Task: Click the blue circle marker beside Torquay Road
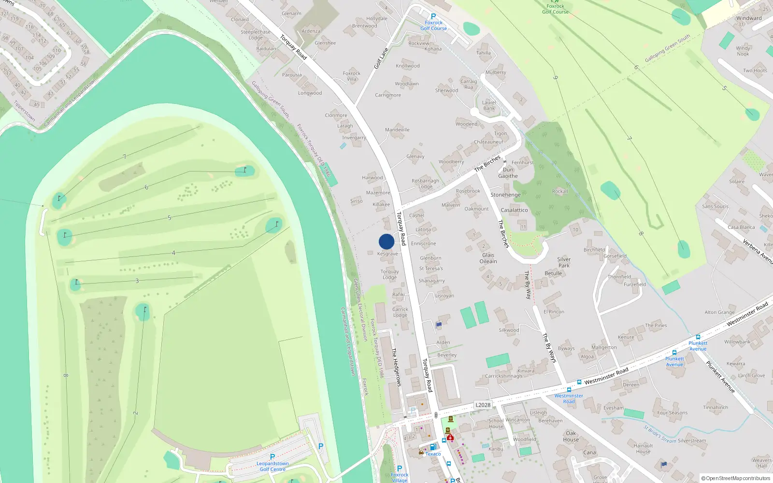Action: (386, 241)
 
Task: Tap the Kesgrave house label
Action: (387, 254)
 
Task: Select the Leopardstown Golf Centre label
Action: (272, 467)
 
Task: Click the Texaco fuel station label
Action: (433, 454)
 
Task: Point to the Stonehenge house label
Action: (505, 195)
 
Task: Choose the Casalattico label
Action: (514, 210)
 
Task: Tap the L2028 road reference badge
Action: (483, 405)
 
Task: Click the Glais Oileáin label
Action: (488, 258)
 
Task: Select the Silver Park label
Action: (564, 262)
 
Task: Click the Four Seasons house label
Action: (672, 413)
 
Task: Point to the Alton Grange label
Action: (719, 313)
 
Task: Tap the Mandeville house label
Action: (397, 130)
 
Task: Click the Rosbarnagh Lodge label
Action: (425, 184)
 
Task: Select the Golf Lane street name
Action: (381, 58)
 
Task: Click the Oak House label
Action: (571, 436)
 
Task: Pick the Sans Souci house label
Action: (715, 207)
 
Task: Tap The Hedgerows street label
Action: (396, 367)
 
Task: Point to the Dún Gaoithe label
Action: (508, 173)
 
